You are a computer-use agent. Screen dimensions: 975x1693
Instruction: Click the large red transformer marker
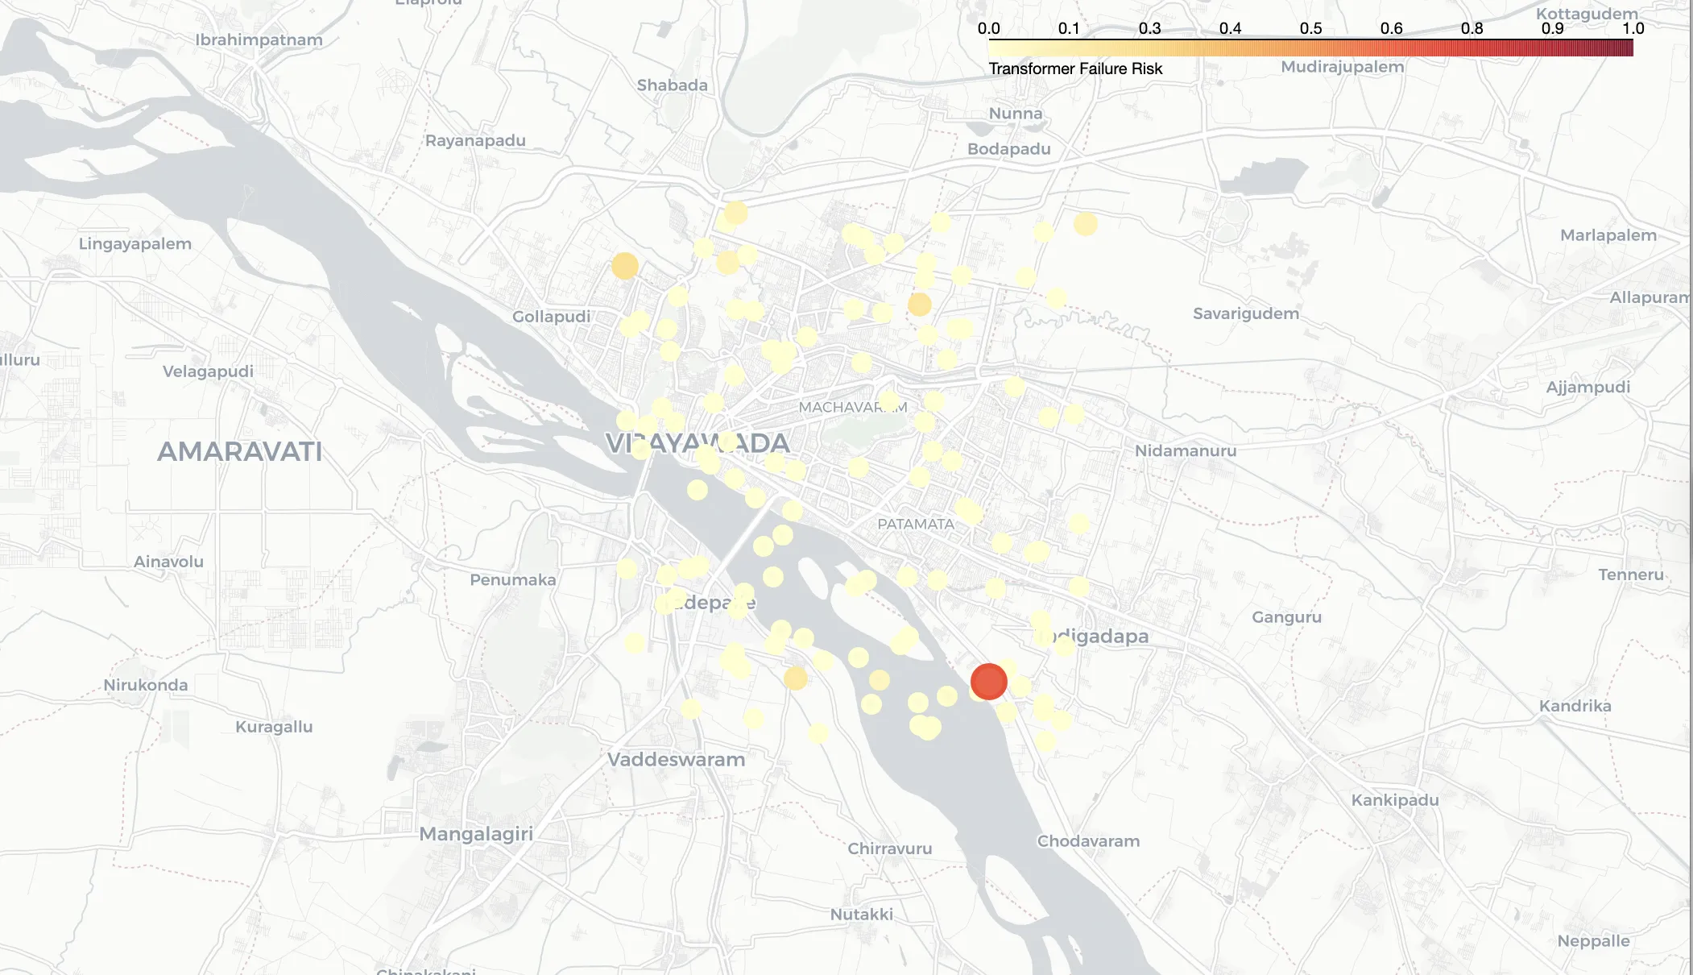(988, 682)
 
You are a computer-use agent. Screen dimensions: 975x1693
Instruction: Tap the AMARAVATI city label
(239, 452)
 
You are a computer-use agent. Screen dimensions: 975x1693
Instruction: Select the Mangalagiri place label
(476, 834)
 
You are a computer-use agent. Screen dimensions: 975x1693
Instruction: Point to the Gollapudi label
(552, 317)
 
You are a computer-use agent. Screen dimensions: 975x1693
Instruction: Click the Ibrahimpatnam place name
(259, 40)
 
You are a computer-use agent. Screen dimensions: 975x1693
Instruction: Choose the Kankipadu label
(1395, 800)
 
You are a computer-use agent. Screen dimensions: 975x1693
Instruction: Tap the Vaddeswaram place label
(676, 760)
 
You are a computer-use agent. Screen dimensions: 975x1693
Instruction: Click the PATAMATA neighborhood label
(916, 524)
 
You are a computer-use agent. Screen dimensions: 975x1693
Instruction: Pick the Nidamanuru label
(1186, 451)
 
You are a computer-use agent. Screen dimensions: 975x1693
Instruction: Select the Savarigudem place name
(1246, 313)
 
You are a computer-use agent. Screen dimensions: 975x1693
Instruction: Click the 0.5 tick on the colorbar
(1310, 29)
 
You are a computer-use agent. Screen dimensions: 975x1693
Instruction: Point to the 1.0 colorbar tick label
(1633, 29)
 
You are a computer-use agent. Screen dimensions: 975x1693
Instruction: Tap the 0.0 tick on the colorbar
(989, 29)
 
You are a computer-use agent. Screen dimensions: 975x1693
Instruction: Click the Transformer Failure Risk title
(1075, 69)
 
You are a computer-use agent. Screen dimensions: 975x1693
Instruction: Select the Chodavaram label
(1088, 841)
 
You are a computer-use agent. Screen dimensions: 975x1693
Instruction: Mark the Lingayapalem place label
(135, 244)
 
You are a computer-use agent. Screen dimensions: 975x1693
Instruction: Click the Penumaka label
(513, 580)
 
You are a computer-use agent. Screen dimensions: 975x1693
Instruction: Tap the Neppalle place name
(1593, 941)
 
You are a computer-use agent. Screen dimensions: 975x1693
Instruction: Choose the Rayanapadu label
(475, 141)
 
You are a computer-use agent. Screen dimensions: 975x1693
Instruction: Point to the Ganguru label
(1286, 617)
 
